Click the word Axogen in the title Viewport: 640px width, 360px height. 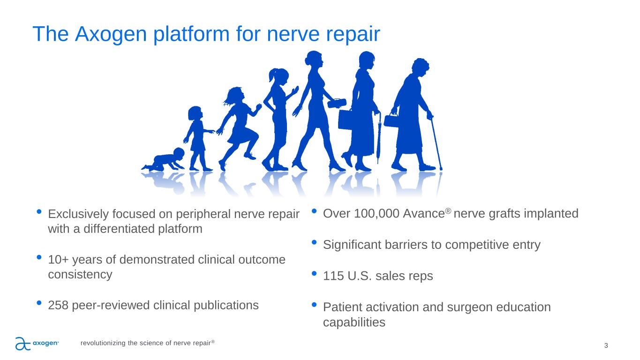click(111, 34)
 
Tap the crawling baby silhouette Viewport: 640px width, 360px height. click(164, 160)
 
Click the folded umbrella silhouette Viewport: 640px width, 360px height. click(378, 138)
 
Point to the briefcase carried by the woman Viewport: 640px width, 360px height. click(345, 120)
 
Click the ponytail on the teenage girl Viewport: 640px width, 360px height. click(272, 75)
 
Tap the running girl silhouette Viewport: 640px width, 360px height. click(240, 128)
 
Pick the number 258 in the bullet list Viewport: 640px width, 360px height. click(58, 305)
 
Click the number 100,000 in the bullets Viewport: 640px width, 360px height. click(376, 214)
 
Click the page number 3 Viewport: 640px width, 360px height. click(606, 346)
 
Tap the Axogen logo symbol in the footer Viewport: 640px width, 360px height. click(23, 344)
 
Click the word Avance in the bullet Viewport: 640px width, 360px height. click(424, 214)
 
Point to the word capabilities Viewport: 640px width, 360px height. click(354, 322)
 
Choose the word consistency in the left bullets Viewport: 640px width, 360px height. click(80, 275)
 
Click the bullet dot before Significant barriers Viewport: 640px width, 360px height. click(314, 242)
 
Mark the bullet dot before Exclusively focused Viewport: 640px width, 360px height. click(39, 212)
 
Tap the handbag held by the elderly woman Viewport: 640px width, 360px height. click(391, 120)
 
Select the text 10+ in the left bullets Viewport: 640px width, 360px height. click(58, 260)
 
